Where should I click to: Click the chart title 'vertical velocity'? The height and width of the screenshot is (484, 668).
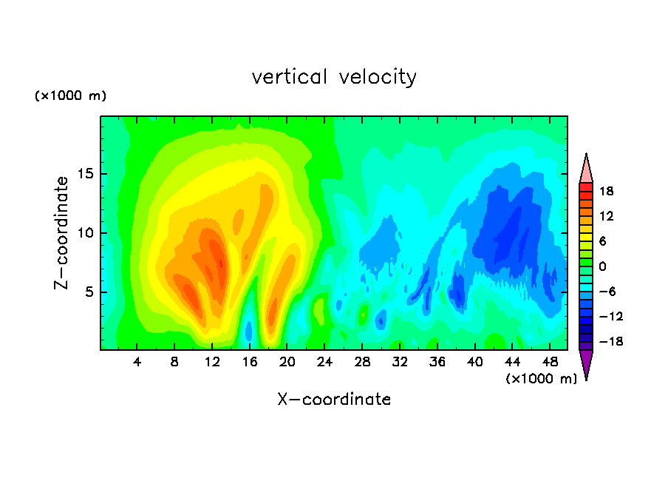(x=334, y=77)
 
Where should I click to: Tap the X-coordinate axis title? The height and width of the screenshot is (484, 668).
(x=334, y=399)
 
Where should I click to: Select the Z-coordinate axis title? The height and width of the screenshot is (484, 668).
(x=61, y=233)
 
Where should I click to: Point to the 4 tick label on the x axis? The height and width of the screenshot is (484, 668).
(x=137, y=362)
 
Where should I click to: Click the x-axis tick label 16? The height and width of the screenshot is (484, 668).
(x=250, y=362)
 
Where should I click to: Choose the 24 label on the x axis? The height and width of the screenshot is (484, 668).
(x=324, y=362)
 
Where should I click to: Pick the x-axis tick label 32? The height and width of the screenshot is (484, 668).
(x=400, y=362)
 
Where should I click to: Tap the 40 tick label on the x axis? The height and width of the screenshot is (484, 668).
(x=474, y=362)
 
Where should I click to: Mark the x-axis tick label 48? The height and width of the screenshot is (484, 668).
(x=550, y=362)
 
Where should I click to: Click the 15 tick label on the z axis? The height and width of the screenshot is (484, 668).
(x=85, y=174)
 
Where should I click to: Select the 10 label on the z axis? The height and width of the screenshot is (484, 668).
(x=85, y=233)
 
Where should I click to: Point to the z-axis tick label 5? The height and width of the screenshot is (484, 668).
(x=89, y=292)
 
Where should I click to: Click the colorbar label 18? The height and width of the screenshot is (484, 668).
(x=606, y=191)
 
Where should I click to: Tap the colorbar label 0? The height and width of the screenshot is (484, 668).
(x=602, y=266)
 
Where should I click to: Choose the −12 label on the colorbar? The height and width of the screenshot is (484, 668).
(x=611, y=316)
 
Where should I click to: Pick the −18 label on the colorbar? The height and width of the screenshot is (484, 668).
(x=611, y=341)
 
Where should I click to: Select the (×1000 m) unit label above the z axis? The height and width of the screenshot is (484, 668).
(x=70, y=95)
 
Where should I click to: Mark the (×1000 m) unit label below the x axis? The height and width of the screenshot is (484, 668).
(x=541, y=379)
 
